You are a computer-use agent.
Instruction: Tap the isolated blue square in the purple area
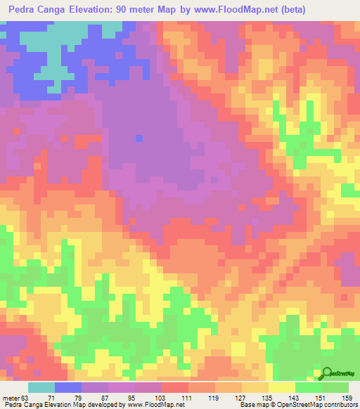click(139, 138)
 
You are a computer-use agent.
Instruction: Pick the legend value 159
click(348, 397)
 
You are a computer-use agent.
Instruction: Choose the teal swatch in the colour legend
click(41, 387)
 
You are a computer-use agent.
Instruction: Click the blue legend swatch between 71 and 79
click(68, 387)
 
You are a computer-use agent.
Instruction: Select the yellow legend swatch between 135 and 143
click(282, 387)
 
